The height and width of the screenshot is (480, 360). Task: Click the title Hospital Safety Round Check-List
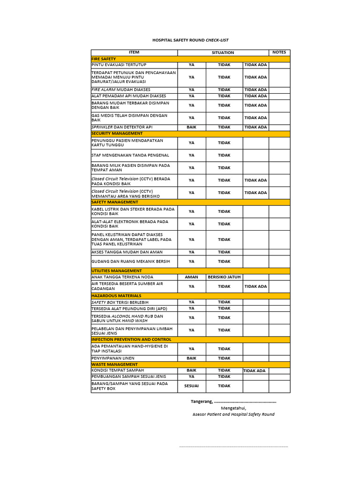click(190, 40)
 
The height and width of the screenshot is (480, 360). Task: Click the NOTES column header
click(279, 52)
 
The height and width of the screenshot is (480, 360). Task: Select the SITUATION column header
click(223, 52)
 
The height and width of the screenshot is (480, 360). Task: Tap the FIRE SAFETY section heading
click(104, 59)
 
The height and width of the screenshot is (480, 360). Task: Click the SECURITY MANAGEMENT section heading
click(117, 133)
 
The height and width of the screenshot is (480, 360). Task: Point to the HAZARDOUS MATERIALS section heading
click(116, 296)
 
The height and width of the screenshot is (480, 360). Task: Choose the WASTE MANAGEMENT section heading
click(114, 364)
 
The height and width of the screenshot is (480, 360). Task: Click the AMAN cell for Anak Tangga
click(191, 277)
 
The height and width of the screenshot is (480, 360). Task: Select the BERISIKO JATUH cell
click(224, 277)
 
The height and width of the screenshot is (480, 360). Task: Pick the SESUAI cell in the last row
click(191, 386)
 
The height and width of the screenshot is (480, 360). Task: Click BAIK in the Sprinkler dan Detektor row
click(191, 127)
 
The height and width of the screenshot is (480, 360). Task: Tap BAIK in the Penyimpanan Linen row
click(191, 358)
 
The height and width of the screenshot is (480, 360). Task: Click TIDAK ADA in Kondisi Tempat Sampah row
click(255, 371)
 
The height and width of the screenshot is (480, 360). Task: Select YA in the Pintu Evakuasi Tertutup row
click(191, 65)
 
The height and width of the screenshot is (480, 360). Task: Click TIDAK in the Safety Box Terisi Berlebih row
click(224, 302)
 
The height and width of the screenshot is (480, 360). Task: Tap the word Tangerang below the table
click(202, 401)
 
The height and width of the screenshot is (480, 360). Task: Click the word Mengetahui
click(233, 408)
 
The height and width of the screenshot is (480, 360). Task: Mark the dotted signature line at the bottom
click(233, 446)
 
